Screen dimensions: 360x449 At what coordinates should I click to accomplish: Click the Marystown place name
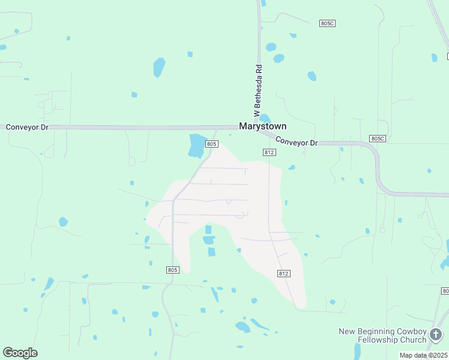click(262, 127)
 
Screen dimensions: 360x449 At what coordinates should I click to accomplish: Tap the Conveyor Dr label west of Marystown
click(26, 127)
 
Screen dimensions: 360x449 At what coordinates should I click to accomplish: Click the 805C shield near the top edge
click(327, 23)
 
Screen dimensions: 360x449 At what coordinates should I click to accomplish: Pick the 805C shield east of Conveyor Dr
click(377, 139)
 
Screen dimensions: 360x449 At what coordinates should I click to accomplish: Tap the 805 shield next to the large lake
click(211, 144)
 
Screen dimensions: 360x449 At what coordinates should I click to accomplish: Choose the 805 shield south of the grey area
click(172, 270)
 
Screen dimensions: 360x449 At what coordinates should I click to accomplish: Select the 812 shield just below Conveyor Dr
click(269, 152)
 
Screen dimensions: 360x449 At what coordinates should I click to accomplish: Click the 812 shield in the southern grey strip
click(284, 273)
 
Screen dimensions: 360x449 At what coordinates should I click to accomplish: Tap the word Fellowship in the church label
click(379, 340)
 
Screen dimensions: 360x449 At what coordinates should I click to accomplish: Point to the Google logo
click(20, 353)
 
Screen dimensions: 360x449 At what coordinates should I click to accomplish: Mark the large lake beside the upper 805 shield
click(197, 145)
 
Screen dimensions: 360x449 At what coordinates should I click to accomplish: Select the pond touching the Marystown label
click(264, 118)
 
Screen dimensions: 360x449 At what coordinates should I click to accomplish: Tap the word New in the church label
click(348, 332)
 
